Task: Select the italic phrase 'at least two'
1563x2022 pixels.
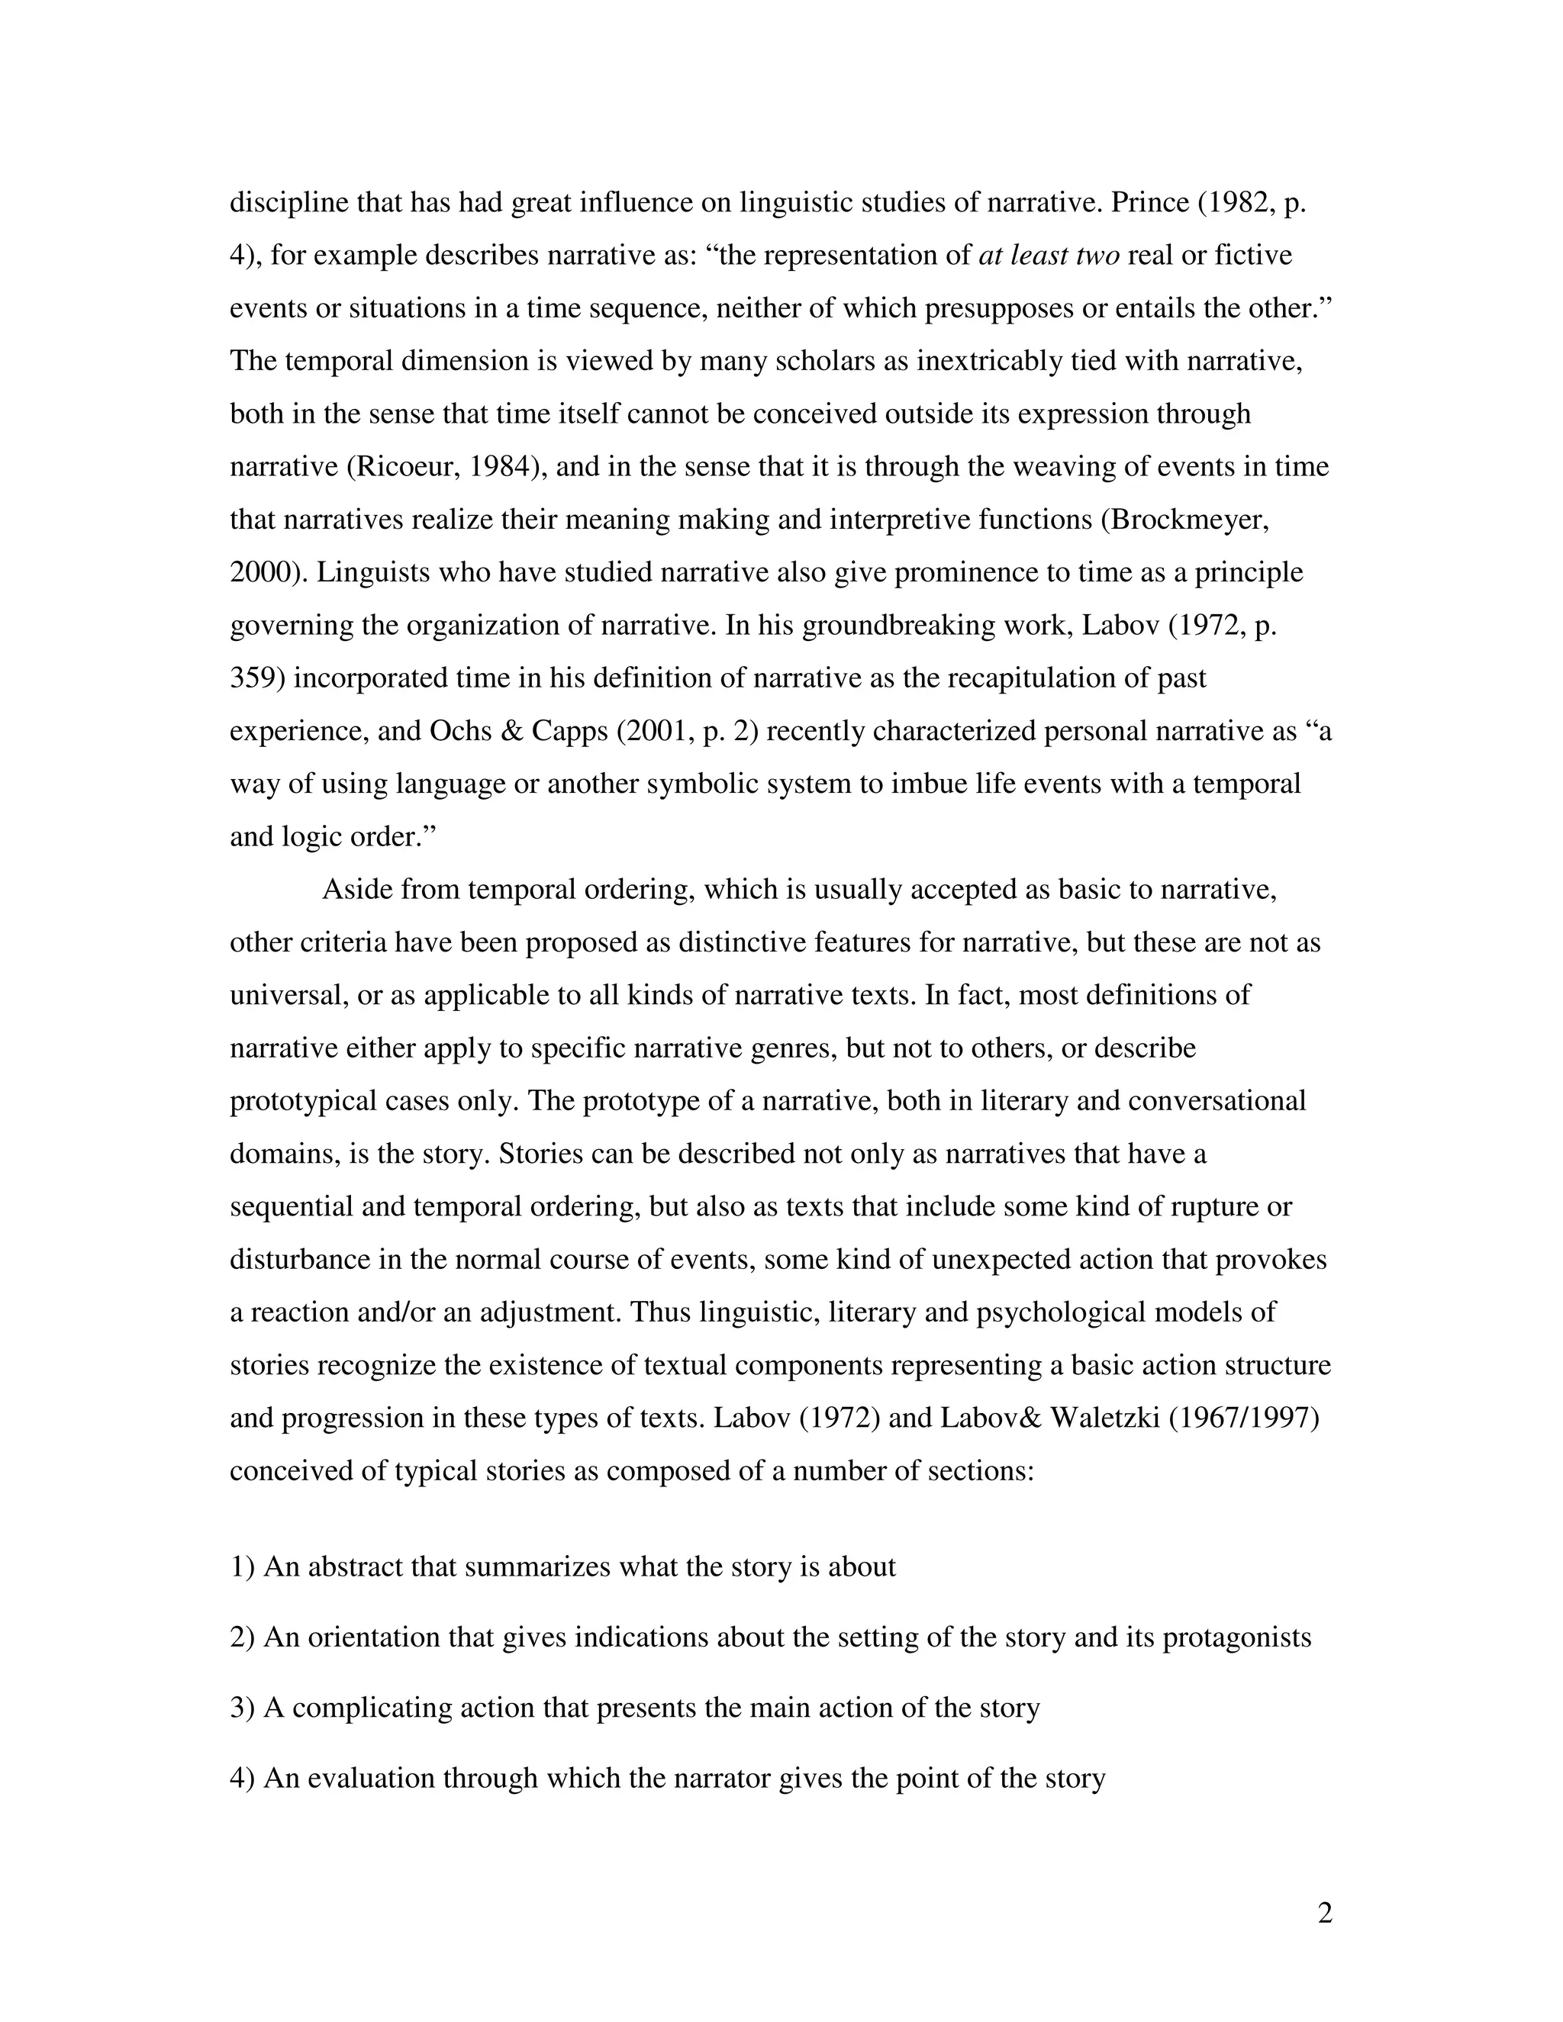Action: pos(1048,255)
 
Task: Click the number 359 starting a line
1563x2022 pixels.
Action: pos(256,678)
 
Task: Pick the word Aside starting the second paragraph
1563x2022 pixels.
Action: pos(356,890)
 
